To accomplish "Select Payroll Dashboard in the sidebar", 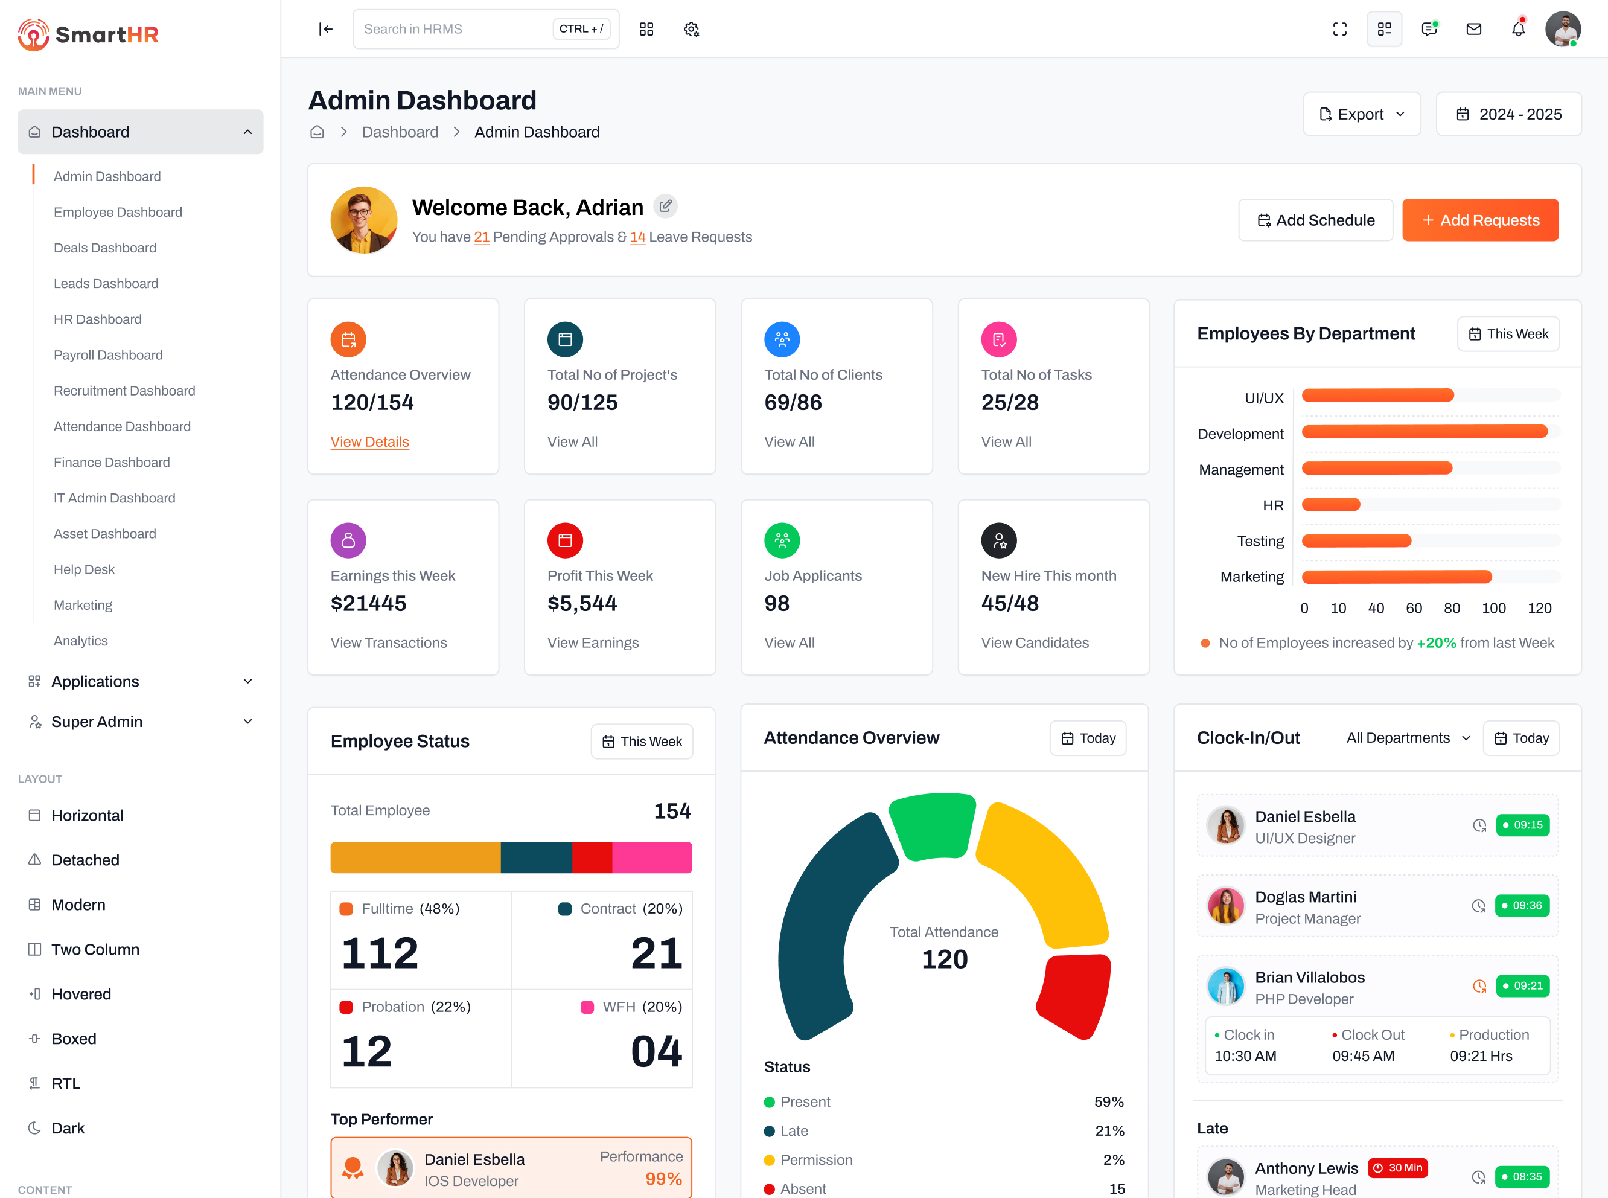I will pos(108,354).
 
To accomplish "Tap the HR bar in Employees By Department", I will pos(1330,505).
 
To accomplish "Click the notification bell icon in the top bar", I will pos(1517,29).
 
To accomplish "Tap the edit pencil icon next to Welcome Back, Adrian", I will pos(665,207).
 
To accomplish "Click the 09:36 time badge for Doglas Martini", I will pos(1522,905).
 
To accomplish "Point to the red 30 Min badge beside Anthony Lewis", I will pos(1397,1168).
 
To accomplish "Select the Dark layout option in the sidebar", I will pos(68,1128).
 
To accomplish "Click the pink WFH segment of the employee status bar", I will pos(651,857).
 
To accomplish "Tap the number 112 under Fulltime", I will pos(380,952).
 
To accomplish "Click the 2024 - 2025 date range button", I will pos(1508,114).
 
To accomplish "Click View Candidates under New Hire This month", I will pos(1034,642).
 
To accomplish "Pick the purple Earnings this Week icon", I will pos(348,540).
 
